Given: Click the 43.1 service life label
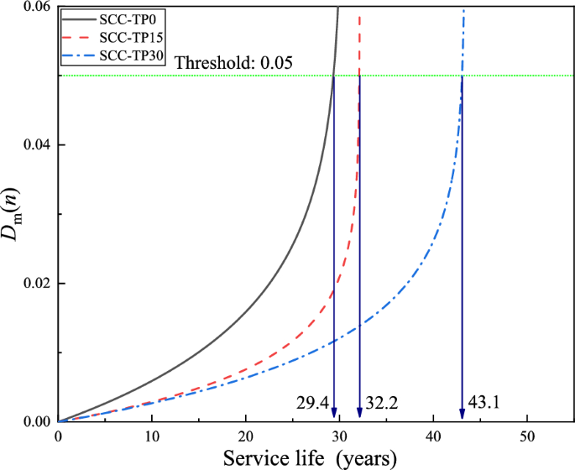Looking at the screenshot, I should (484, 404).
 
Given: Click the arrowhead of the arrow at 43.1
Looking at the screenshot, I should (463, 414).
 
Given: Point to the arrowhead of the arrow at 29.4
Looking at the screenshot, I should (334, 414).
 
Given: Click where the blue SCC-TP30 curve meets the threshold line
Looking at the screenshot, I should (463, 76).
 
